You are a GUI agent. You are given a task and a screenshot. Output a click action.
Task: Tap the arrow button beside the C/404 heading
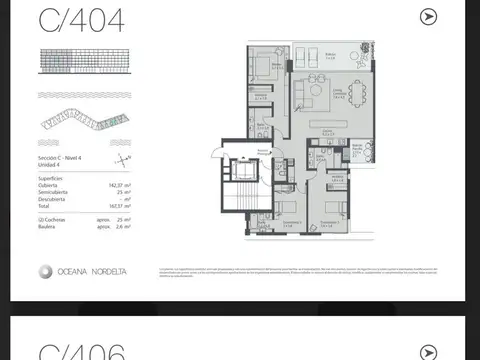pyautogui.click(x=429, y=17)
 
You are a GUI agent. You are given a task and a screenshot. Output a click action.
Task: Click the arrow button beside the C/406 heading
pyautogui.click(x=429, y=351)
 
